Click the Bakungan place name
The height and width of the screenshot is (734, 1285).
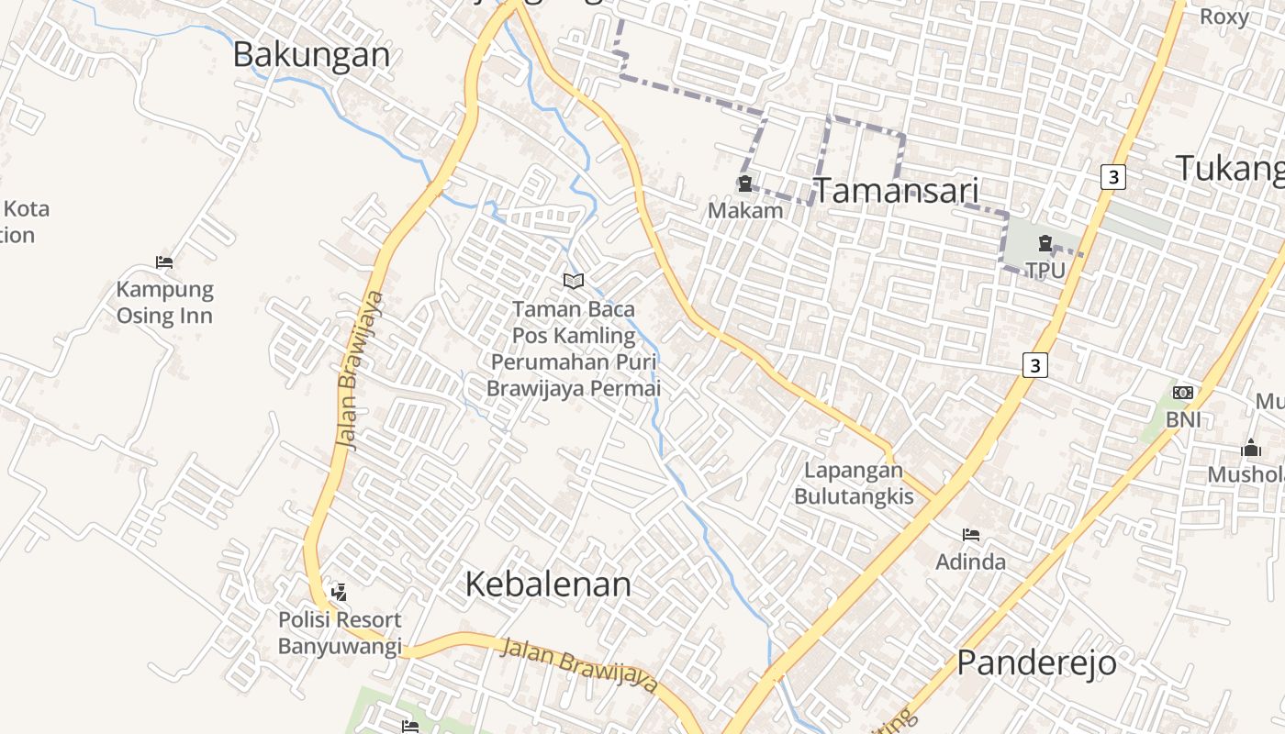click(311, 54)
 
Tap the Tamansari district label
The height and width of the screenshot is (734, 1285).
click(897, 191)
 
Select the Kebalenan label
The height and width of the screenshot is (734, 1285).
click(548, 584)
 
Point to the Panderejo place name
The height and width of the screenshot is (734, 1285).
click(1036, 662)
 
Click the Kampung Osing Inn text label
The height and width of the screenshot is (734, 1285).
click(164, 303)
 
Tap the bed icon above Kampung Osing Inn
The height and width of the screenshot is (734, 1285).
click(164, 262)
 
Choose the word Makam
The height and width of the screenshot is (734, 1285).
click(745, 210)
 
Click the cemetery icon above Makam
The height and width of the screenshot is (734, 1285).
click(744, 184)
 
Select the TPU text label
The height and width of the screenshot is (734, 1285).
click(1045, 270)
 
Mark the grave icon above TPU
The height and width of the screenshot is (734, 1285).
click(1045, 244)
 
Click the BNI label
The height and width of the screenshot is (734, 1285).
click(1183, 419)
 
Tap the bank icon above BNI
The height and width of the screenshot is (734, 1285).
click(1183, 393)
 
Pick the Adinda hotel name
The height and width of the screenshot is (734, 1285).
click(970, 561)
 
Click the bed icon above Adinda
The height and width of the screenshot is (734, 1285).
click(971, 535)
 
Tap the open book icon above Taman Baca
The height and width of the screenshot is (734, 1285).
click(574, 281)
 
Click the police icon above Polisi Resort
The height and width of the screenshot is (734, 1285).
click(339, 593)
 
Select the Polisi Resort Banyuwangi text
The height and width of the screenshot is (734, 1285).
click(340, 633)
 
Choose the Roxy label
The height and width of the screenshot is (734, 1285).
click(1224, 17)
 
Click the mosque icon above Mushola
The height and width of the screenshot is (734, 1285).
click(1250, 449)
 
